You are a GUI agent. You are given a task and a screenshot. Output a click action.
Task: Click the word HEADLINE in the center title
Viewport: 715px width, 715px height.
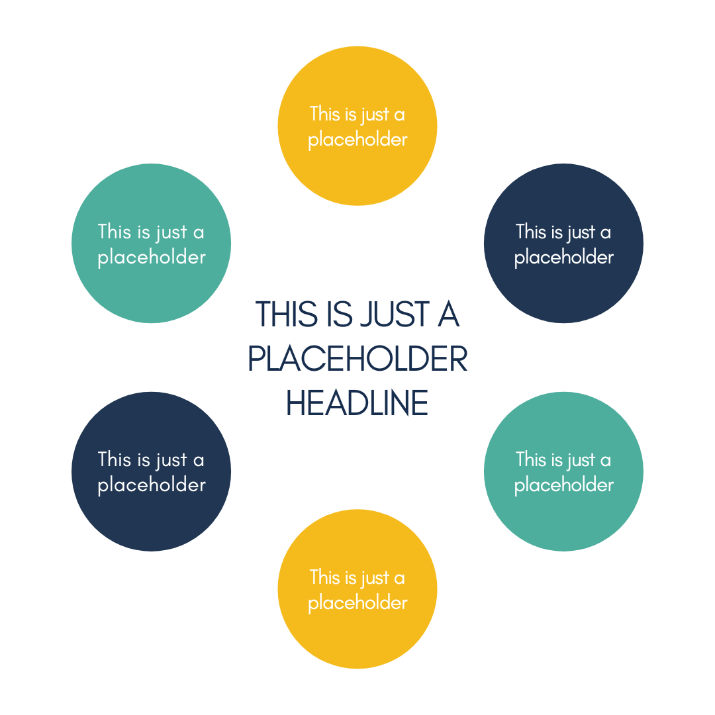(358, 403)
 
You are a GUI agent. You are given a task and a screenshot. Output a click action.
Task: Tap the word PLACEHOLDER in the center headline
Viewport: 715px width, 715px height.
(358, 359)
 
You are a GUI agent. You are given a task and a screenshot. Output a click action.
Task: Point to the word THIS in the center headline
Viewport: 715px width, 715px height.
(286, 314)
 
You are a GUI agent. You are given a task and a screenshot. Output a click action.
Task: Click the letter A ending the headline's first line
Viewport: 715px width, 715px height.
(448, 314)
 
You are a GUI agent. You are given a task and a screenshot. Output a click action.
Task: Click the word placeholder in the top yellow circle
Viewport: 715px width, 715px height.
(358, 140)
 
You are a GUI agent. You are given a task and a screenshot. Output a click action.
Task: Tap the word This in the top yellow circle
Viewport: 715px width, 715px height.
(324, 114)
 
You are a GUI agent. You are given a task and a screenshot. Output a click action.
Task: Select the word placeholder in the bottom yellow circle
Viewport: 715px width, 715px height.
(358, 603)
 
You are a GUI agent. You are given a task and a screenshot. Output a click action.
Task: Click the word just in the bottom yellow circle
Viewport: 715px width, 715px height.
(375, 578)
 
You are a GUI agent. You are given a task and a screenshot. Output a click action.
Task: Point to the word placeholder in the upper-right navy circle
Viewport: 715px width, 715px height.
(564, 258)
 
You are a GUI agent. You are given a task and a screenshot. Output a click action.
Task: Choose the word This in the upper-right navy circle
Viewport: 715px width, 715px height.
(531, 232)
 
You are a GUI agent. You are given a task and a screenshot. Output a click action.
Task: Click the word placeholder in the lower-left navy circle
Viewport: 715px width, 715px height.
(152, 485)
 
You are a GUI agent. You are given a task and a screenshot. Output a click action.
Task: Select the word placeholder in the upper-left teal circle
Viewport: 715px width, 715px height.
(152, 258)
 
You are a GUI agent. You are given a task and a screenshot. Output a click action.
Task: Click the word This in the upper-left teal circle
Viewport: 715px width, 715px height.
(113, 232)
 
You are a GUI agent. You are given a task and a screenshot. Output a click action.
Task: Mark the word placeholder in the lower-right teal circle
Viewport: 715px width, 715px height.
(564, 485)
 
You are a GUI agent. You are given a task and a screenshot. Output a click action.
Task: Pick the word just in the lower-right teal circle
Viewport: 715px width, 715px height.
(581, 460)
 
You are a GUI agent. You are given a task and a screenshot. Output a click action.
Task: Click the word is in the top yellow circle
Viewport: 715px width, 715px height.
(351, 114)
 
